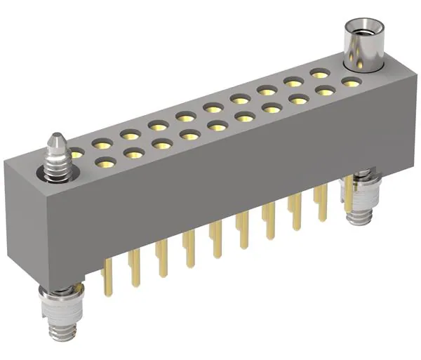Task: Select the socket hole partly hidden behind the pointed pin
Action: pos(75,152)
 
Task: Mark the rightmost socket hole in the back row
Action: pos(320,72)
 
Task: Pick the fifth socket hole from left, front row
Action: pos(217,126)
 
